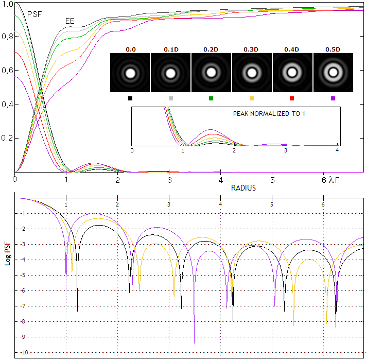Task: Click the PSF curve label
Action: tap(34, 14)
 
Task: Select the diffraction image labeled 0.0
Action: tap(130, 73)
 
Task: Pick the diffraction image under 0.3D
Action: tap(252, 73)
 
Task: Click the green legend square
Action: tap(212, 98)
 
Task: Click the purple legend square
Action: tap(333, 98)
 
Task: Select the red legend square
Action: tap(292, 98)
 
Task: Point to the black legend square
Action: tap(130, 98)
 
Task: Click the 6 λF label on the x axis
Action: tap(327, 180)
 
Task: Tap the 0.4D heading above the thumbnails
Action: tap(292, 49)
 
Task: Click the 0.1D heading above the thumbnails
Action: tap(171, 49)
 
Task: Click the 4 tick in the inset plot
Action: tap(337, 150)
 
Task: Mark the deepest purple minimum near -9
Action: tap(194, 342)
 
